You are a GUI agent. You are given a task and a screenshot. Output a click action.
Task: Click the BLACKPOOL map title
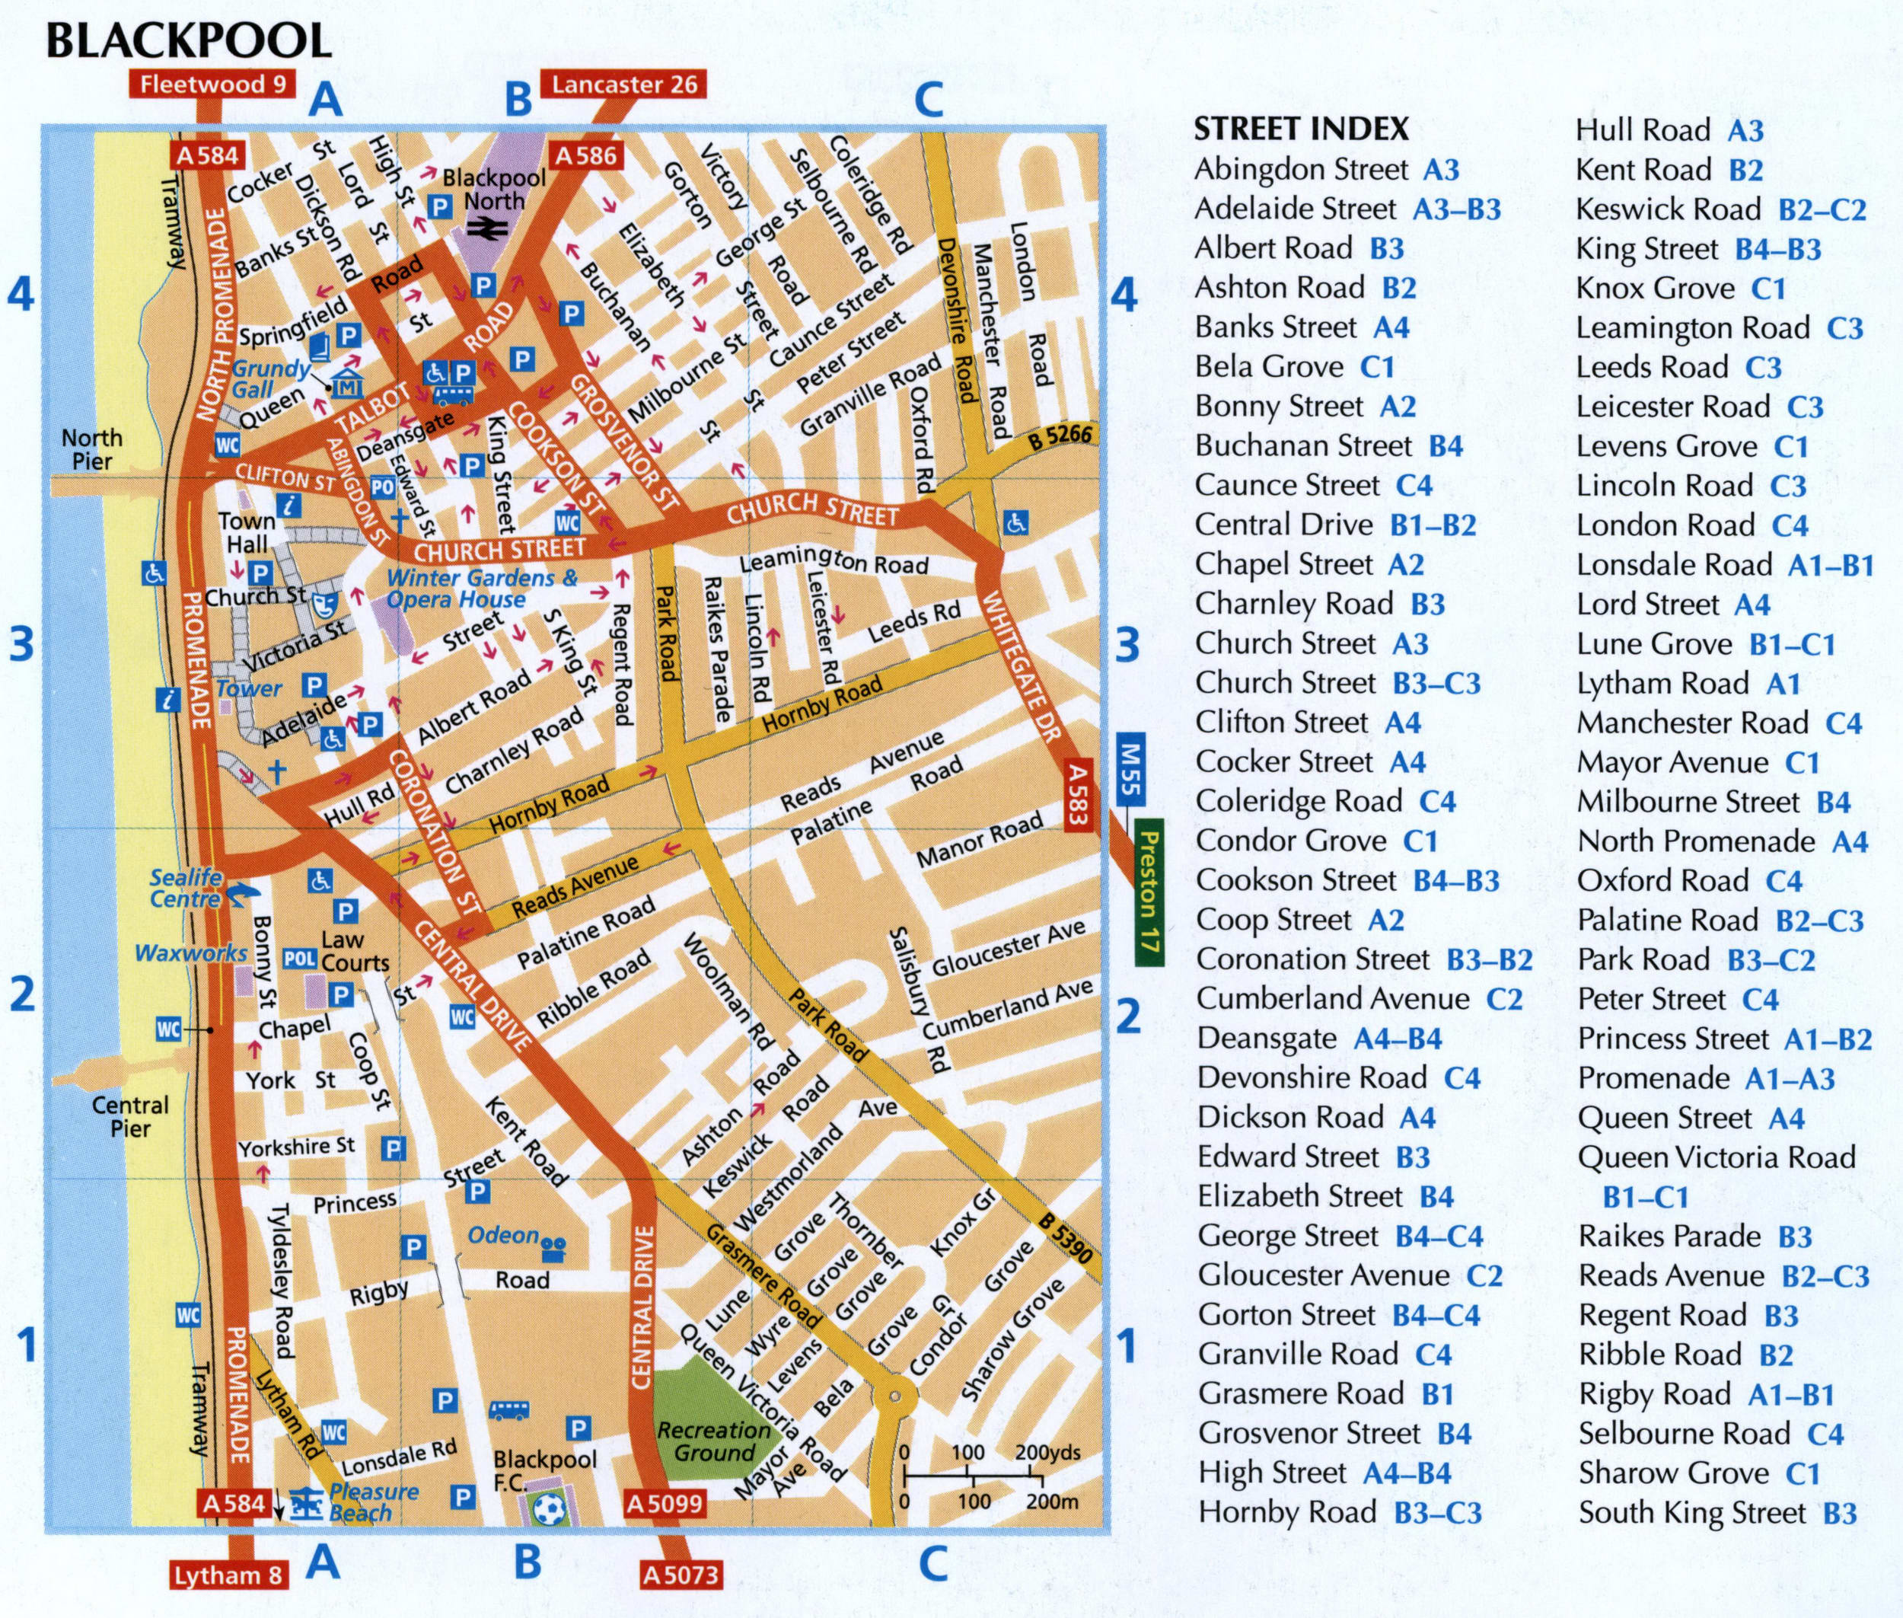click(188, 40)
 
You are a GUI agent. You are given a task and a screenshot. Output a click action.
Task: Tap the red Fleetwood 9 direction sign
click(213, 85)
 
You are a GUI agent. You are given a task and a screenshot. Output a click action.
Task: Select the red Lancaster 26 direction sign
click(623, 85)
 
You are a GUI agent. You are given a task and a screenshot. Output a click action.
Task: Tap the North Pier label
click(91, 449)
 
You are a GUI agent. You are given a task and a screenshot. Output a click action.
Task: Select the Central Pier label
click(129, 1116)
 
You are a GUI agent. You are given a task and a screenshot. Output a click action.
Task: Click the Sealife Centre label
click(186, 888)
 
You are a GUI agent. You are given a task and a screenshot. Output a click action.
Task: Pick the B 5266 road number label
click(1060, 436)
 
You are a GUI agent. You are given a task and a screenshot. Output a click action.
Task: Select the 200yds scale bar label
click(1047, 1452)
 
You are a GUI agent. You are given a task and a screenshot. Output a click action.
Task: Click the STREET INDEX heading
click(1300, 129)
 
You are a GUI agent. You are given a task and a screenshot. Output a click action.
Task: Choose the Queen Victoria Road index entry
click(1716, 1157)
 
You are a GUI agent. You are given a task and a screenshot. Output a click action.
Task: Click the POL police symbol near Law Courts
click(299, 959)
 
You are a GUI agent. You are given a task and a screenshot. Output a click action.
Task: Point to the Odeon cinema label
click(502, 1236)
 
